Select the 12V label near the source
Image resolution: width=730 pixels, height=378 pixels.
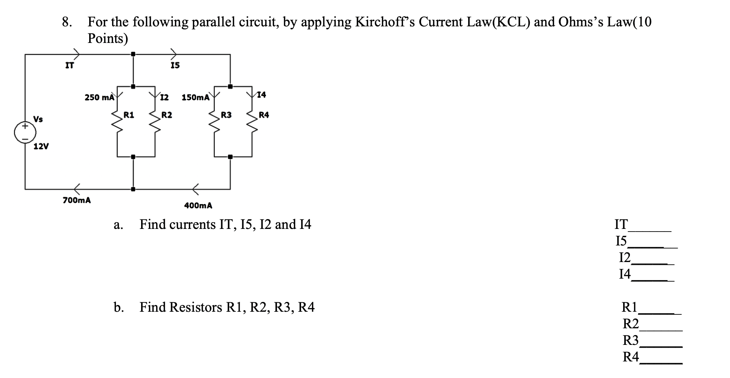click(x=41, y=146)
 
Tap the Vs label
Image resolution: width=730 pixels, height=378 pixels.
click(x=38, y=119)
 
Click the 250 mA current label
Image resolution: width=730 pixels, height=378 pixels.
click(x=99, y=98)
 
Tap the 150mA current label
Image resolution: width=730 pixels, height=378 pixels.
click(x=195, y=98)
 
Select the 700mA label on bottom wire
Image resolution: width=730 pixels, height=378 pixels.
click(x=77, y=200)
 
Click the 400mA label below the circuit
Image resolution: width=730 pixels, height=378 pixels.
click(x=198, y=206)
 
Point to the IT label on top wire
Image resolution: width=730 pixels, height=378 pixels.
click(x=70, y=66)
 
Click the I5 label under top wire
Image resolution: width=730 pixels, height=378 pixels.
click(x=175, y=66)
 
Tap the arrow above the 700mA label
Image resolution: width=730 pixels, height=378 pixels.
click(x=77, y=187)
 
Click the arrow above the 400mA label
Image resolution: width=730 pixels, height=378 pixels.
click(x=196, y=187)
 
